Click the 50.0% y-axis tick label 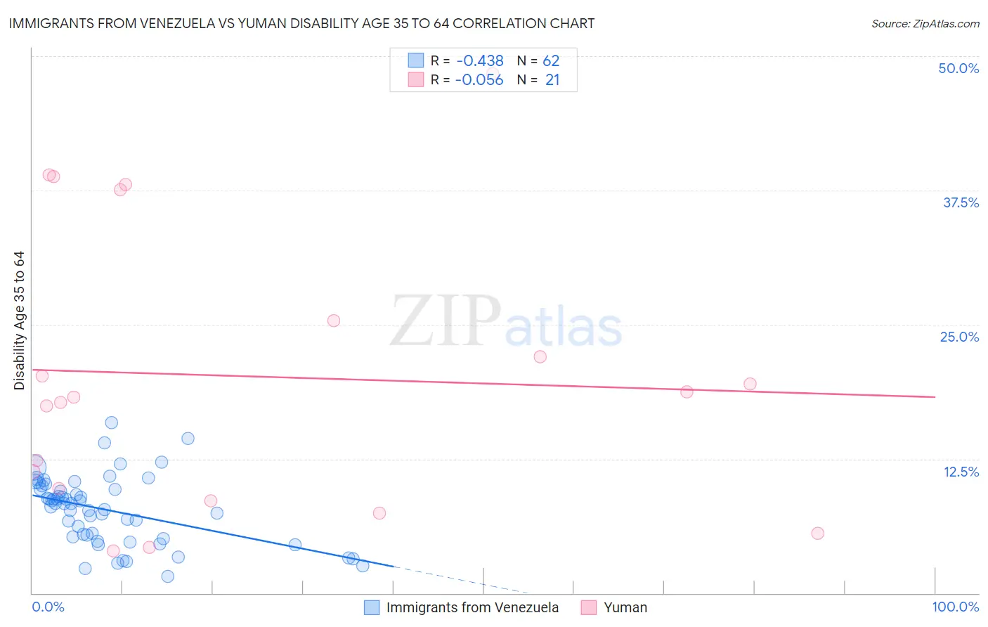(x=958, y=68)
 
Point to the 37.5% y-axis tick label (x=961, y=202)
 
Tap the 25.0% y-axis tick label (x=959, y=337)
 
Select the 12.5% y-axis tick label (x=961, y=472)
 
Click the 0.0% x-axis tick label (x=48, y=607)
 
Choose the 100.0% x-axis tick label (x=955, y=607)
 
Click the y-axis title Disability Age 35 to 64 (x=19, y=321)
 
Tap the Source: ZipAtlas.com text (x=925, y=24)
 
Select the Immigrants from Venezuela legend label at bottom (x=472, y=607)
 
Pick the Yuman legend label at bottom (x=625, y=607)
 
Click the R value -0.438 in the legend (x=480, y=61)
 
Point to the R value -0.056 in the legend (x=479, y=80)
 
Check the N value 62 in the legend (x=551, y=61)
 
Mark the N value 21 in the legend (x=552, y=80)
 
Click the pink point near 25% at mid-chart (x=334, y=321)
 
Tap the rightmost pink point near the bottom (x=817, y=534)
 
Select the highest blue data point (x=111, y=422)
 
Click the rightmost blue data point (x=363, y=566)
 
